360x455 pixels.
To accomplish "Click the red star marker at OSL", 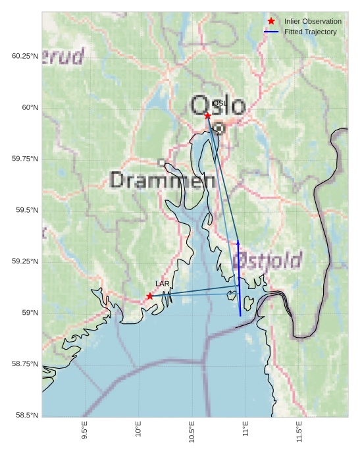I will click(x=207, y=116).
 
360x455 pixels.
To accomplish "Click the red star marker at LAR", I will click(x=150, y=296).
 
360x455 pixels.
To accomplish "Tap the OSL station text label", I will click(x=220, y=103).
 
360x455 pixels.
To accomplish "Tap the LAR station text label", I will click(x=163, y=284).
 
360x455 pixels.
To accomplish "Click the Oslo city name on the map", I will click(x=219, y=106).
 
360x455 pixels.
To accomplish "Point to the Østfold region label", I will click(x=269, y=259).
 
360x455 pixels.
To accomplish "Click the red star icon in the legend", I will click(x=271, y=22).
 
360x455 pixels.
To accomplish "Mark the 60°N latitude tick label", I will click(x=25, y=107).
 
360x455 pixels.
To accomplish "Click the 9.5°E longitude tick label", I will click(x=84, y=431).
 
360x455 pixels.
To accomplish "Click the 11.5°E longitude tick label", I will click(x=299, y=431).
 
